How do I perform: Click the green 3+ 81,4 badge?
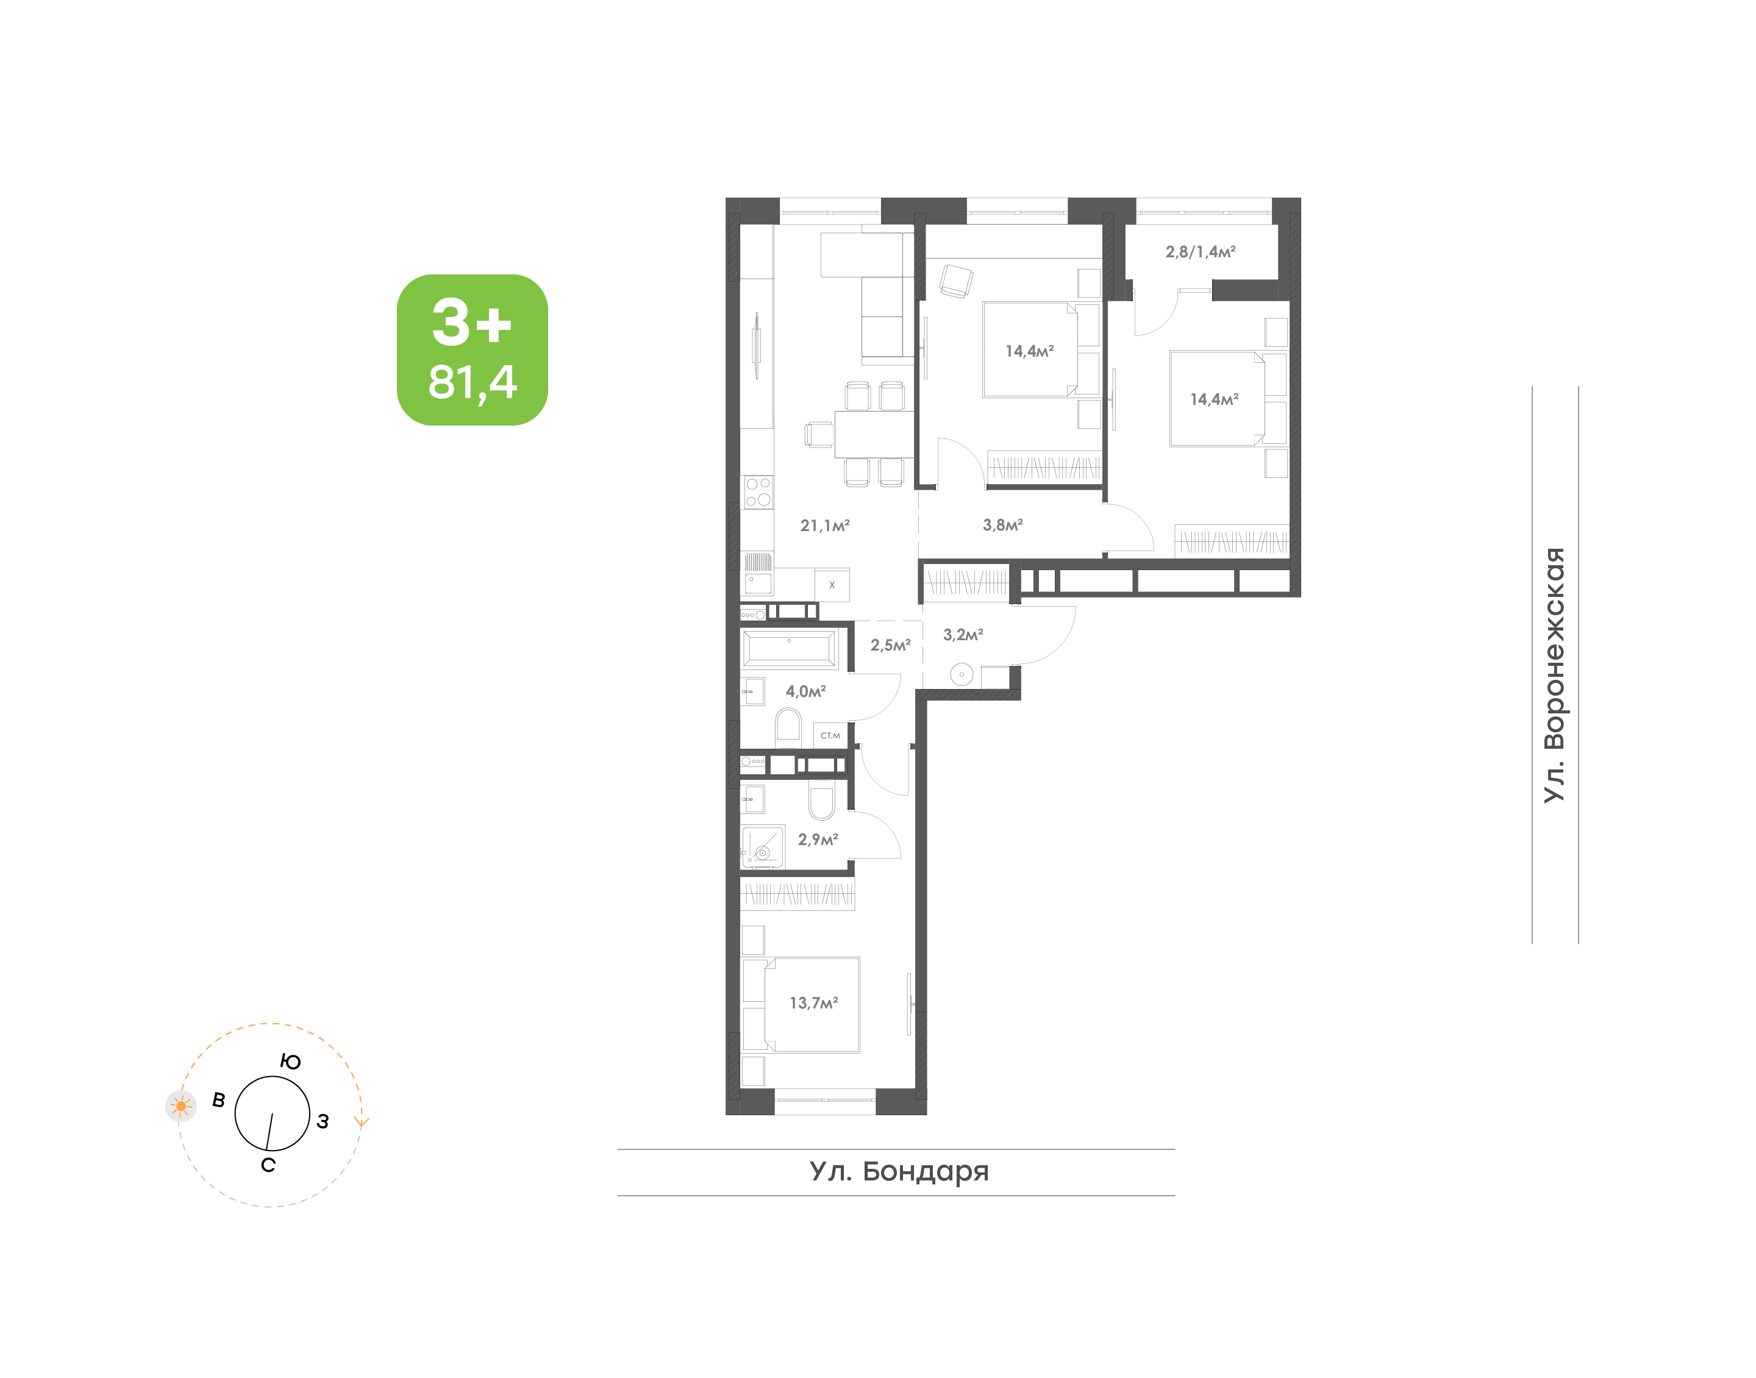click(472, 349)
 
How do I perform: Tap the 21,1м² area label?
click(824, 525)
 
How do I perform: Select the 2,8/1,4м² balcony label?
click(1201, 252)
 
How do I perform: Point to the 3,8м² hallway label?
click(1002, 525)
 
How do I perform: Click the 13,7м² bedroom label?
click(813, 1003)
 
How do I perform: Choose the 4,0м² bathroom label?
click(806, 691)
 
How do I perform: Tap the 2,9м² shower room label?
click(818, 840)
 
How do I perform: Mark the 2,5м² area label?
click(891, 646)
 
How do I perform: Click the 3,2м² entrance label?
click(963, 635)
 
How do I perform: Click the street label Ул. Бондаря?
click(899, 1171)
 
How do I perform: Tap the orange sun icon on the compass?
click(180, 1106)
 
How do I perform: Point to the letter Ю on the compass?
click(290, 1062)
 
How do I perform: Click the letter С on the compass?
click(269, 1165)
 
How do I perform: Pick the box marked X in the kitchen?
click(832, 585)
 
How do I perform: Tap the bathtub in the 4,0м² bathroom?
click(789, 649)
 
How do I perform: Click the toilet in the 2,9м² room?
click(821, 804)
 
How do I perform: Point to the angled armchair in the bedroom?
click(957, 280)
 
